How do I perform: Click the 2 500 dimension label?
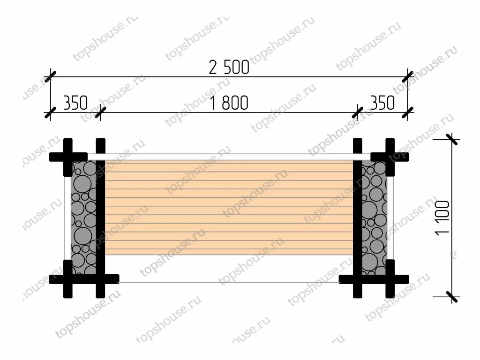(x=229, y=67)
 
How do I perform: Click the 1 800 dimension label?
(x=229, y=103)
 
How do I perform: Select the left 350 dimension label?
(x=75, y=103)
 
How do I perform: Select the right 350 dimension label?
(x=382, y=103)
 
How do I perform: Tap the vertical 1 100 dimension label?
(x=442, y=217)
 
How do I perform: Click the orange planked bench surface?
(x=229, y=207)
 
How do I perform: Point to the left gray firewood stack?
(x=83, y=217)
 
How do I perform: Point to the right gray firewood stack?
(x=374, y=217)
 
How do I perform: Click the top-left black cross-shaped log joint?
(x=68, y=157)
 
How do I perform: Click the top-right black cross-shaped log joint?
(x=390, y=157)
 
